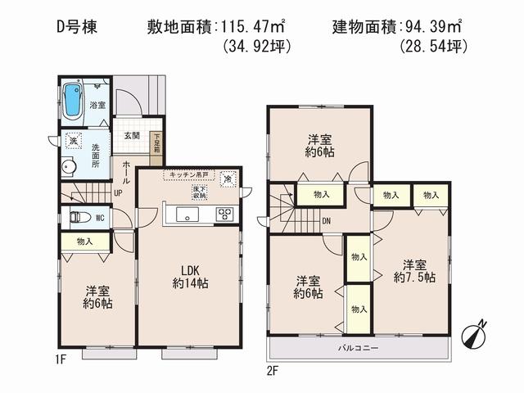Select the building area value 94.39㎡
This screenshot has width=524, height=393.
click(433, 27)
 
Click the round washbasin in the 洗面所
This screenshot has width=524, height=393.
click(69, 167)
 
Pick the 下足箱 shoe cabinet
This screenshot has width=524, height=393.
click(156, 145)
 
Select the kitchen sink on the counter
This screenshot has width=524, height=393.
click(186, 215)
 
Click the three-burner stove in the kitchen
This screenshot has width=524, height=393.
click(224, 215)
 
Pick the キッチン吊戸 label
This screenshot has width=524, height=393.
click(189, 175)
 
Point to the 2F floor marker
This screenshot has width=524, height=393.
click(273, 370)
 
